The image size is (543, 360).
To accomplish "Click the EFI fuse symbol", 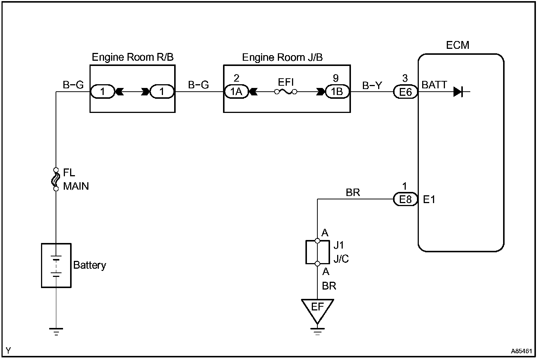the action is pyautogui.click(x=286, y=92).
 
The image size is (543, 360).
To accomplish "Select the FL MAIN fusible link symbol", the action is pyautogui.click(x=56, y=179).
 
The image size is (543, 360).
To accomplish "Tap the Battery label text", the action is pyautogui.click(x=90, y=265).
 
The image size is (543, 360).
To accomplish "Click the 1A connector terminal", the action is pyautogui.click(x=236, y=92).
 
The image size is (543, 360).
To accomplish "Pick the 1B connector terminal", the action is pyautogui.click(x=337, y=92).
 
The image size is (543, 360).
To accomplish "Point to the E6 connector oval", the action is pyautogui.click(x=405, y=92).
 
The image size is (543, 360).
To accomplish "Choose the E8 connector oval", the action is pyautogui.click(x=405, y=199).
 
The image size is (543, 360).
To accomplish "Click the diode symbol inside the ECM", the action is pyautogui.click(x=458, y=92).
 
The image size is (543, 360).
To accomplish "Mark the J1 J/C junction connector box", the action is pyautogui.click(x=306, y=252).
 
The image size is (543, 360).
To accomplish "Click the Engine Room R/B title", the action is pyautogui.click(x=133, y=57).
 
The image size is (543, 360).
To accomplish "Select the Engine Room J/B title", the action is pyautogui.click(x=282, y=57).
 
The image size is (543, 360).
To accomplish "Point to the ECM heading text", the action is pyautogui.click(x=458, y=45).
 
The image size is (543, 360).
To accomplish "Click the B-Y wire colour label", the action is pyautogui.click(x=372, y=85).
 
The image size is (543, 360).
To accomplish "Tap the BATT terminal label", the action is pyautogui.click(x=434, y=85).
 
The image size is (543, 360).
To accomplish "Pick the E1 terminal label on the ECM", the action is pyautogui.click(x=429, y=199).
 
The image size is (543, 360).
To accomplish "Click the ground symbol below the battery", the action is pyautogui.click(x=56, y=332).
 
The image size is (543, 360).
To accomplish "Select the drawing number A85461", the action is pyautogui.click(x=521, y=351).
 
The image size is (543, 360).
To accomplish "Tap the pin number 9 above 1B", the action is pyautogui.click(x=336, y=78).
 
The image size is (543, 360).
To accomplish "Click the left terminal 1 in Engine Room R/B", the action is pyautogui.click(x=102, y=92).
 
